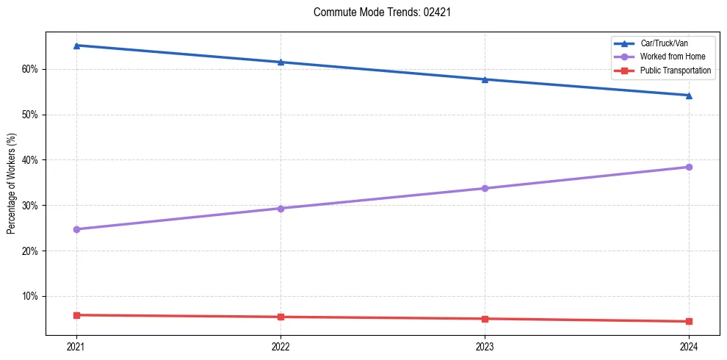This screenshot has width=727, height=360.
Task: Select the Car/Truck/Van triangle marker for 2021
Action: point(76,46)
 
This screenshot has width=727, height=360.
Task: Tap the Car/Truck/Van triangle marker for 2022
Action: point(281,62)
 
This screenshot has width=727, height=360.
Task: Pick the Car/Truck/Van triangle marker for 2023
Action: point(485,79)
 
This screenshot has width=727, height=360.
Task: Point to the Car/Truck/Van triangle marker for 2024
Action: point(689,96)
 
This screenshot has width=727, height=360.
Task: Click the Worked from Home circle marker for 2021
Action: point(76,229)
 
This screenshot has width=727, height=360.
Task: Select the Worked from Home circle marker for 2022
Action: point(281,209)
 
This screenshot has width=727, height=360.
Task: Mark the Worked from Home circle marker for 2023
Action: point(485,188)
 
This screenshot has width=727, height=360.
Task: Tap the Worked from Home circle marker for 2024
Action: point(689,167)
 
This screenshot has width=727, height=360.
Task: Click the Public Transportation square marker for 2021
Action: point(76,315)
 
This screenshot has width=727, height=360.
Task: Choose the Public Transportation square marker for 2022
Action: point(281,317)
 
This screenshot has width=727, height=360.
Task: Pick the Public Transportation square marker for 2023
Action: point(485,319)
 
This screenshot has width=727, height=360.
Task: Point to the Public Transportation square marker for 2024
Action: point(689,321)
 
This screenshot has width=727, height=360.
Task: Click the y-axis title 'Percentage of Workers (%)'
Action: point(11,184)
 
